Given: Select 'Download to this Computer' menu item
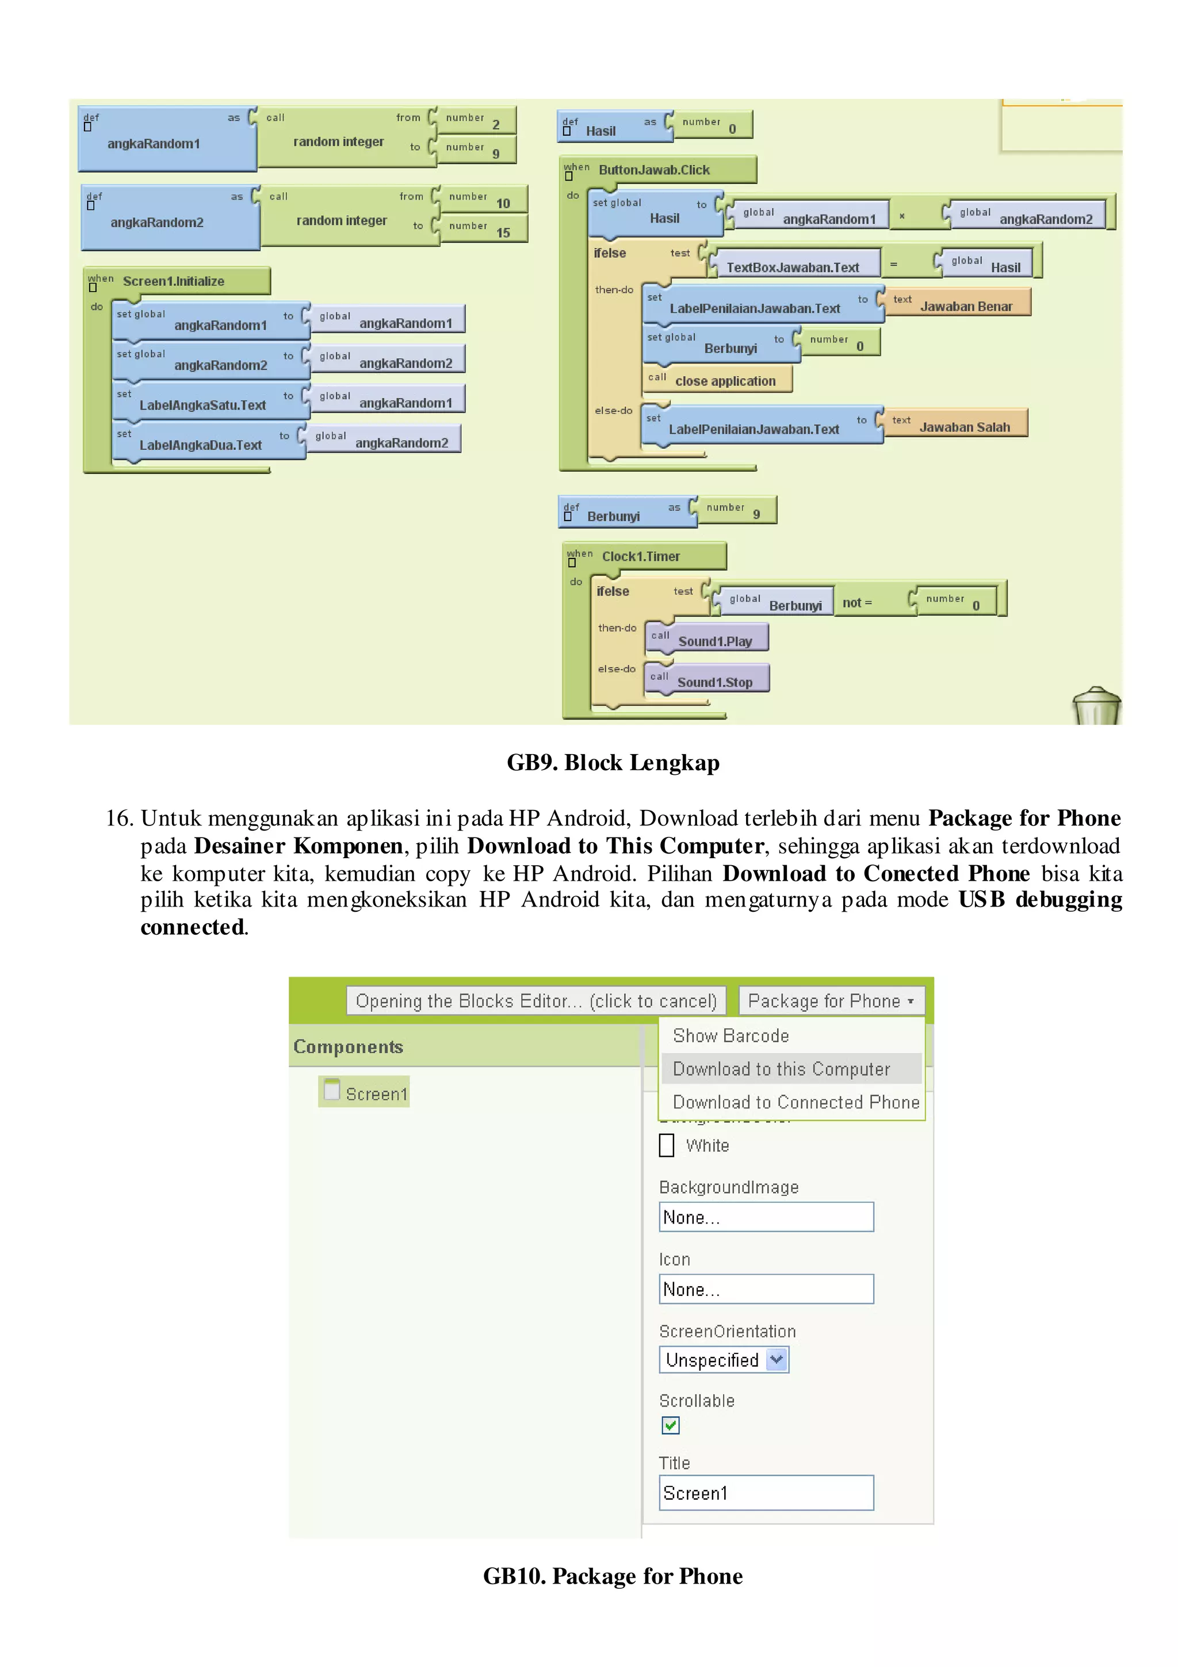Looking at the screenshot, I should [x=781, y=1069].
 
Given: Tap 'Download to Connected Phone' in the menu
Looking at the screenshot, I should [x=795, y=1102].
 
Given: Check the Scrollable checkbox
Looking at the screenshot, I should [x=670, y=1425].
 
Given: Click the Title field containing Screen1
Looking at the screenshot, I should [x=766, y=1493].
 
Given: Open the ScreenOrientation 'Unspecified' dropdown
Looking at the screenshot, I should [x=723, y=1359].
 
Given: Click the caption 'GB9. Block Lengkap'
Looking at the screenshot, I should [x=613, y=762].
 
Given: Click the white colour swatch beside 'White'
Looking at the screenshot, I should [x=666, y=1145].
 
